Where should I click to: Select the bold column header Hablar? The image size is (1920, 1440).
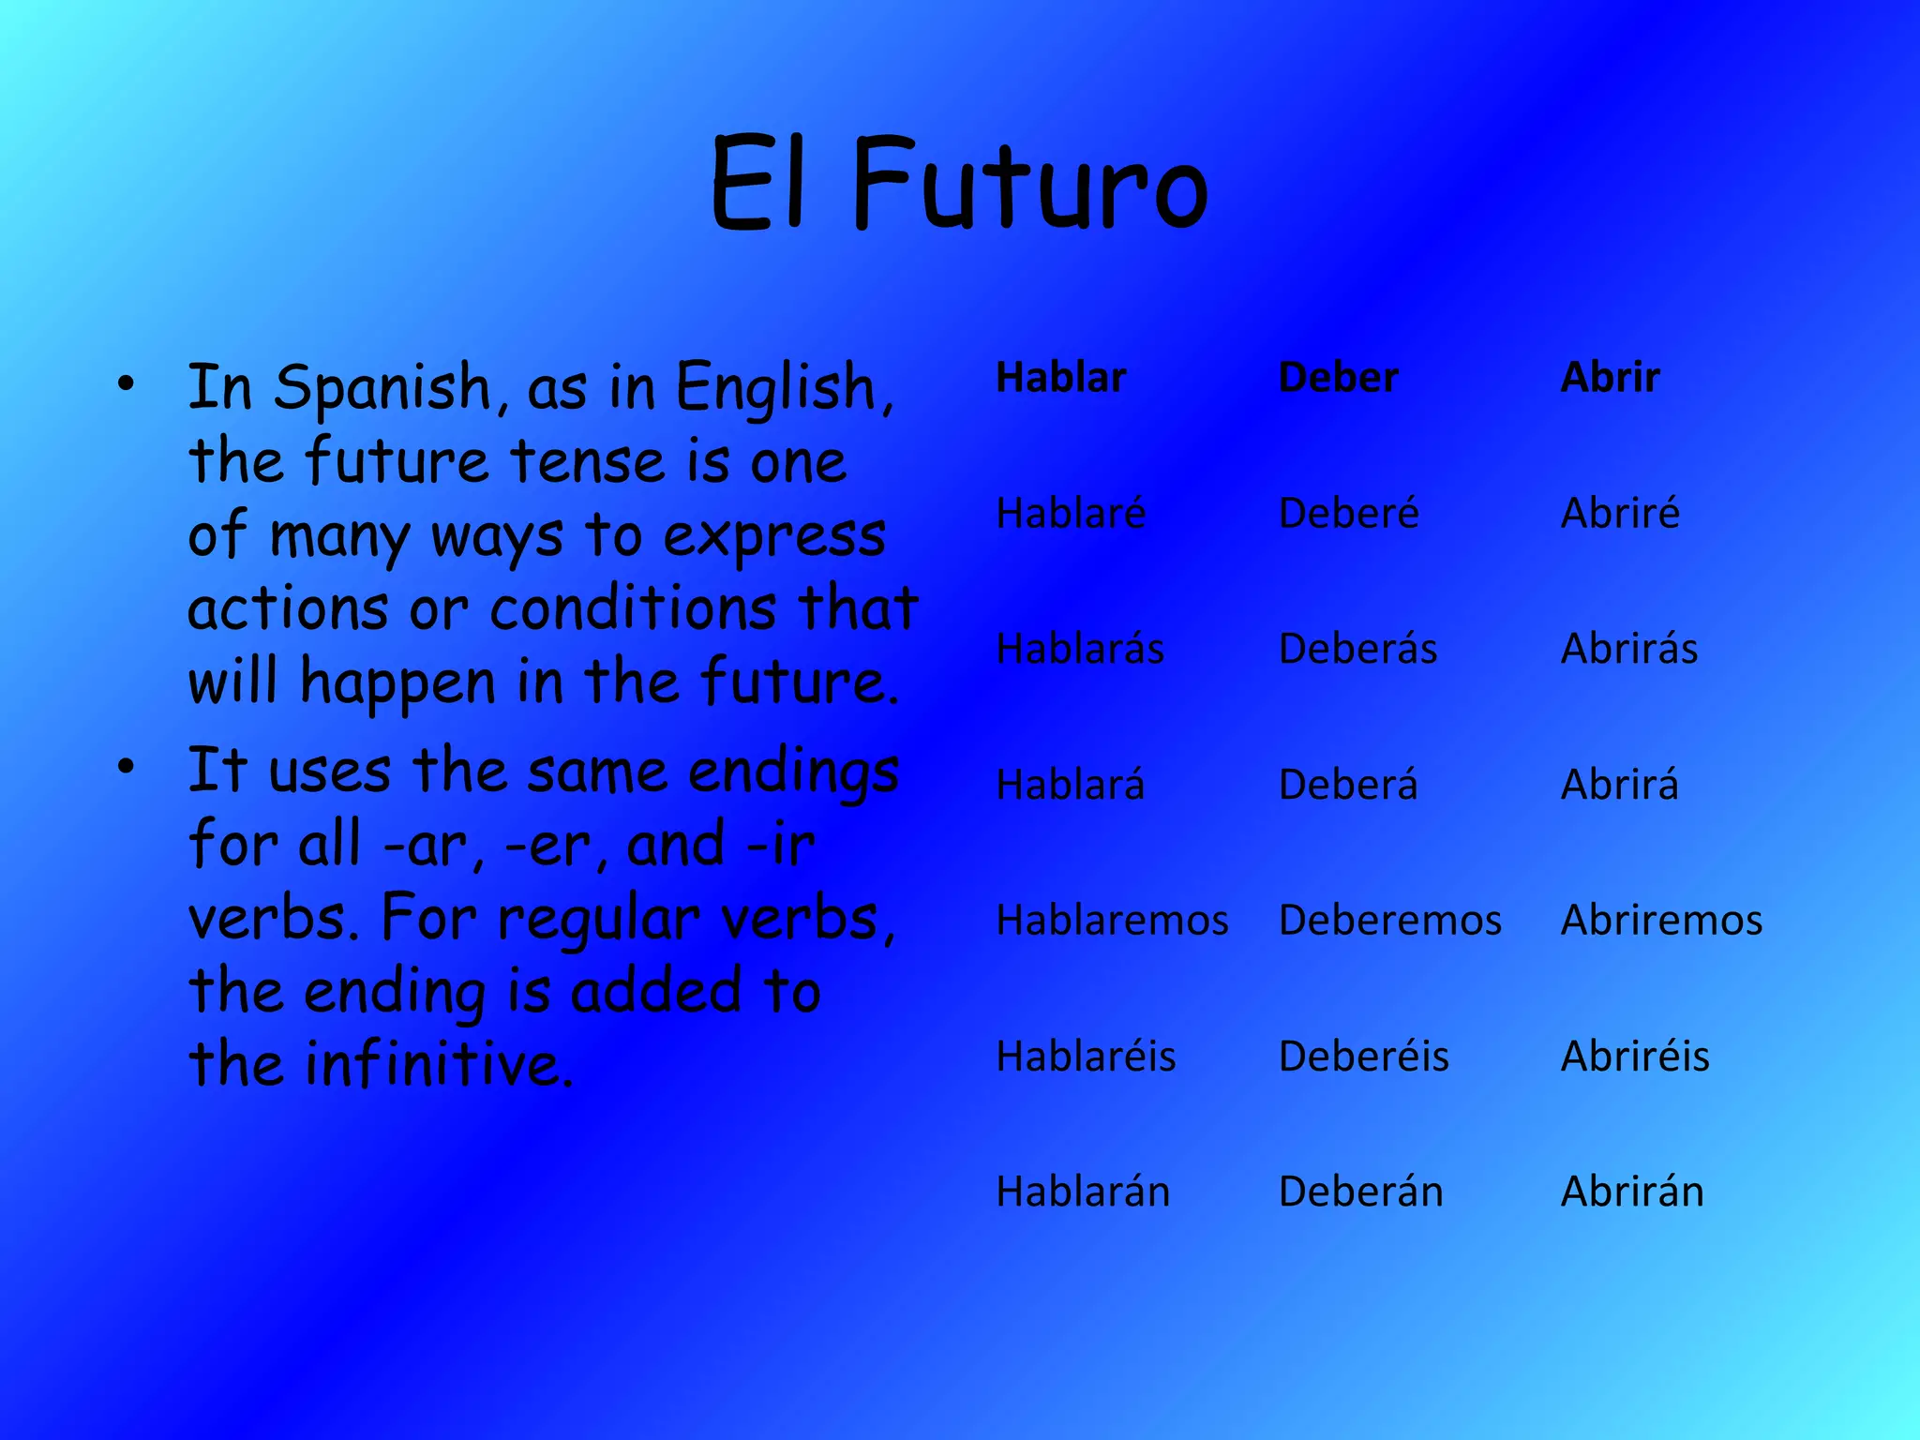click(x=1060, y=378)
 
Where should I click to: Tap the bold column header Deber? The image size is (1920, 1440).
click(x=1338, y=378)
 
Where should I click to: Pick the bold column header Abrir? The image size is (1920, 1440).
click(x=1610, y=378)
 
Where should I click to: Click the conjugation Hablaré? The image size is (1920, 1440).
click(x=1071, y=513)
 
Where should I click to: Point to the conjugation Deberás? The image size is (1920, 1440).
click(x=1357, y=649)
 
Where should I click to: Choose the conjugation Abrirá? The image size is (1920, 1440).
click(x=1619, y=784)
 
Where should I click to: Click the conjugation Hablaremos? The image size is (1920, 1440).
click(x=1112, y=920)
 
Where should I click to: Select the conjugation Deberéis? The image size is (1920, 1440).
click(x=1364, y=1056)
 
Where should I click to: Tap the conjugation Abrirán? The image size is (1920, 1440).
click(x=1632, y=1192)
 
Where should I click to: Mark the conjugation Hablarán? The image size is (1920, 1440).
click(x=1083, y=1192)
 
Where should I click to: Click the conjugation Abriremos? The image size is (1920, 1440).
click(x=1661, y=920)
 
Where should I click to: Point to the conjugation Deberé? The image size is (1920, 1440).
click(x=1348, y=513)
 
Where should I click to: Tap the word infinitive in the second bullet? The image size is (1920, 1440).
click(x=439, y=1065)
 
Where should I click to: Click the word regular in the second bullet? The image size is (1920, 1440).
click(x=598, y=919)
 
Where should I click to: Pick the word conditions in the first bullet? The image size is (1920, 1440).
click(x=633, y=609)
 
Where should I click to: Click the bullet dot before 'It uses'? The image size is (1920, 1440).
click(x=127, y=767)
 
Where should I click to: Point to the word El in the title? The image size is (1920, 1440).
click(x=757, y=186)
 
